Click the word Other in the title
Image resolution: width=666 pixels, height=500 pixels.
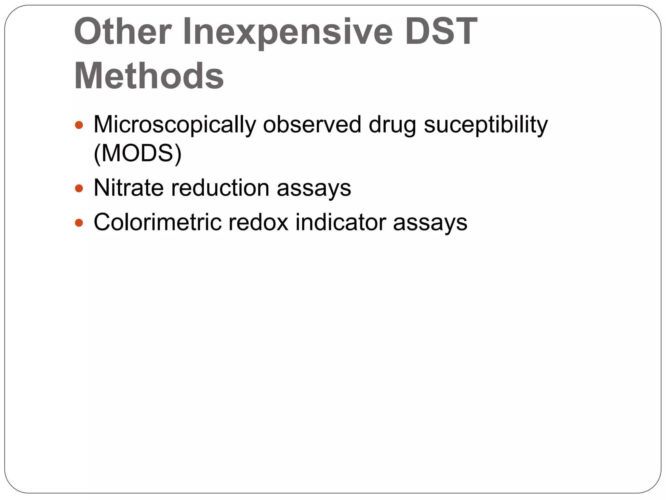123,32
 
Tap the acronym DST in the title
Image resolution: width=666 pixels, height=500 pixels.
441,32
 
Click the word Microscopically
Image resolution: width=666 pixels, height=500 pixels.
174,125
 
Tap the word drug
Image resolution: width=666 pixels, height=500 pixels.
392,125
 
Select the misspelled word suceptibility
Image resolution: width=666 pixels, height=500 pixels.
486,125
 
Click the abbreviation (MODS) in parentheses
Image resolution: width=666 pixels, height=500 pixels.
138,153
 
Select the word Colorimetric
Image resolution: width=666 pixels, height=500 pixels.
157,222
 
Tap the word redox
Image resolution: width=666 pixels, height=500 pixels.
258,222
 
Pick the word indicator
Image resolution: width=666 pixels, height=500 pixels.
340,222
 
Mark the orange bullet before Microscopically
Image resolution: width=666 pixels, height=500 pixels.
79,125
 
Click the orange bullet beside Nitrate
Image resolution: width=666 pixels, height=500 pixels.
79,188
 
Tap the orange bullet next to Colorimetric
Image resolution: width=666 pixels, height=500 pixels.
79,223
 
